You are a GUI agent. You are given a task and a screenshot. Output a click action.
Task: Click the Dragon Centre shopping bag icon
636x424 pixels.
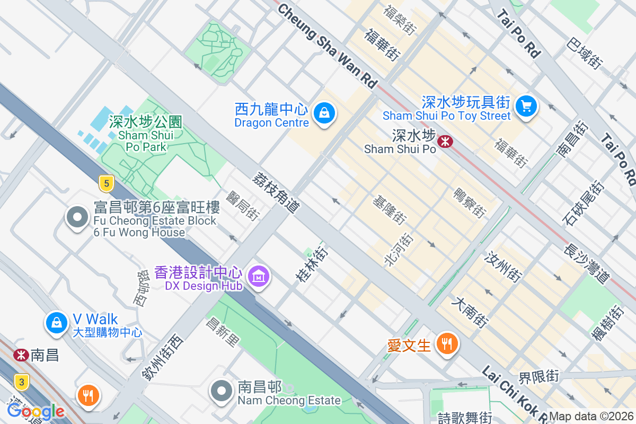pyautogui.click(x=323, y=113)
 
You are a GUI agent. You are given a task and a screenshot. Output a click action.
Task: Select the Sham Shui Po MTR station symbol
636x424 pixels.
pyautogui.click(x=445, y=141)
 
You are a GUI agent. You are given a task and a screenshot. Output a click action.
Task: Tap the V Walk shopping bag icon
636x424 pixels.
pyautogui.click(x=56, y=322)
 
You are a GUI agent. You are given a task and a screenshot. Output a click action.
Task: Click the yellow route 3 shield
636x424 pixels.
pyautogui.click(x=21, y=382)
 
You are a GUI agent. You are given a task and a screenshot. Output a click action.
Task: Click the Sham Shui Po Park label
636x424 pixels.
pyautogui.click(x=146, y=135)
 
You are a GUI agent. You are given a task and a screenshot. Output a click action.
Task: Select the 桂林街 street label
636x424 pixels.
pyautogui.click(x=313, y=263)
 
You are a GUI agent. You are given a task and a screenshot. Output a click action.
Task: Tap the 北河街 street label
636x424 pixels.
pyautogui.click(x=397, y=249)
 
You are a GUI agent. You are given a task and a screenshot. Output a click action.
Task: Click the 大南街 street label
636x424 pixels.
pyautogui.click(x=470, y=312)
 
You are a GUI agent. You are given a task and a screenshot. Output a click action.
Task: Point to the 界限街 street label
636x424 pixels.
pyautogui.click(x=538, y=377)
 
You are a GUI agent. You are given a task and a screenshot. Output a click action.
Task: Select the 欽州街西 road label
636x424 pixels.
pyautogui.click(x=162, y=357)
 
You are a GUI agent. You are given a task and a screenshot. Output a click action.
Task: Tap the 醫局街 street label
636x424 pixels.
pyautogui.click(x=242, y=206)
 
